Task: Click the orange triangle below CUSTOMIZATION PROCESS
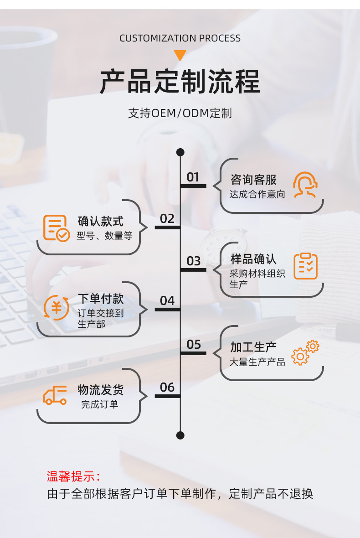point(180,55)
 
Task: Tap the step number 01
point(193,177)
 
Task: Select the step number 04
point(167,300)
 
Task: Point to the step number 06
point(167,387)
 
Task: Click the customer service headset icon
point(305,185)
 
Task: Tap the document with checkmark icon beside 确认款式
point(56,228)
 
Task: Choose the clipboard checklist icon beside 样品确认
point(305,266)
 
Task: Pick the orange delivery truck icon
point(55,395)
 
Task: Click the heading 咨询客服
point(253,180)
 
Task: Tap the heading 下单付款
point(101,299)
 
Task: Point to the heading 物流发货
point(101,390)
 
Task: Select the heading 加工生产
point(253,347)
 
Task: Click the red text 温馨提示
point(73,476)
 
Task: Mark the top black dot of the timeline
point(180,152)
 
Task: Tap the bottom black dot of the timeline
point(180,435)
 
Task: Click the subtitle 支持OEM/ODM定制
point(180,113)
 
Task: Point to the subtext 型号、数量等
point(104,236)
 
